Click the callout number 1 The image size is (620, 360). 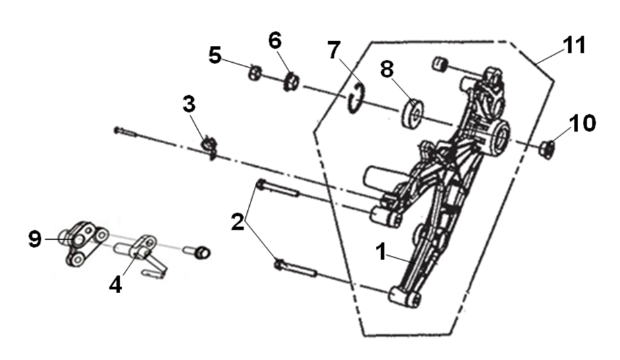[381, 253]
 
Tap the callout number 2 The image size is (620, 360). [237, 222]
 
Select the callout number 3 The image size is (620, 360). [189, 105]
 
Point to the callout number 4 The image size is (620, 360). [115, 284]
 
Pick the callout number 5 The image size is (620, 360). [215, 55]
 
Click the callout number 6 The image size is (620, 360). [275, 41]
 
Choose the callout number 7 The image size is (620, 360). [334, 51]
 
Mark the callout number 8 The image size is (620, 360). [386, 70]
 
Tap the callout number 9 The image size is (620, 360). [35, 238]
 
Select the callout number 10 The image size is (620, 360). [582, 123]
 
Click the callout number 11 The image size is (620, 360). [575, 45]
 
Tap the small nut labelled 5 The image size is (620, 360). [254, 71]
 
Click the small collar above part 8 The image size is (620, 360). [440, 64]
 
